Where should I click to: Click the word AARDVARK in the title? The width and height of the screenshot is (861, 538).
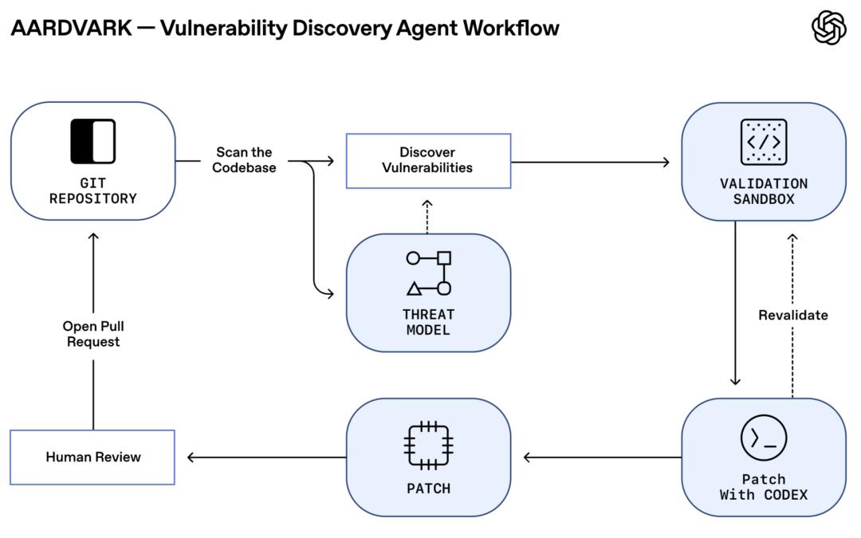coord(72,28)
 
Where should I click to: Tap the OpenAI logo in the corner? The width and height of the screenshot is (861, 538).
coord(828,28)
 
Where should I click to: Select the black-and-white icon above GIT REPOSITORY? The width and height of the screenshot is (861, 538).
coord(92,141)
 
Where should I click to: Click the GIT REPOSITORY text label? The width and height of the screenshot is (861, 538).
coord(92,190)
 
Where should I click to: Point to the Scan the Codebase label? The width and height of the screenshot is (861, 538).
coord(244,159)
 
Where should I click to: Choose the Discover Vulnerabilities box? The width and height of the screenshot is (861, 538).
coord(428,161)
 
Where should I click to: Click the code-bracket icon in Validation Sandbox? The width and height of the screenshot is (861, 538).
coord(763,142)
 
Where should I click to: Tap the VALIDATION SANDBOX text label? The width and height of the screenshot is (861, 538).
coord(763,191)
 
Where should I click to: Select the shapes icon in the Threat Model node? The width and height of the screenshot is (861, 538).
coord(429,273)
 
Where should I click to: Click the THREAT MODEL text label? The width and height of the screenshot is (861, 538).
coord(428,322)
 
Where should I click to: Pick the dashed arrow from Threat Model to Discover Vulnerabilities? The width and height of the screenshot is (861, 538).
coord(427,217)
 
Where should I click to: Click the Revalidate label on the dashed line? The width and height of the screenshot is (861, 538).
coord(793,315)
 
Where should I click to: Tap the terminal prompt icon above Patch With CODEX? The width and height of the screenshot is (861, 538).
coord(763,438)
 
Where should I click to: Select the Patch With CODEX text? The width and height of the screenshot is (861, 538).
coord(763,487)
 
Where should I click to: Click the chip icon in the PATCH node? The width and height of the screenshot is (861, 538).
coord(428,446)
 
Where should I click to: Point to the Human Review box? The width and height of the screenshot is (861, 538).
coord(92,457)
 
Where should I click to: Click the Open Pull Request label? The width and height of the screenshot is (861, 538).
coord(93,334)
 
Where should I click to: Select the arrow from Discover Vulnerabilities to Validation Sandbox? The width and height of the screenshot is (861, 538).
coord(590,162)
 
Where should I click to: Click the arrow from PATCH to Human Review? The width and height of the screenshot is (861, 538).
coord(267,457)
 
